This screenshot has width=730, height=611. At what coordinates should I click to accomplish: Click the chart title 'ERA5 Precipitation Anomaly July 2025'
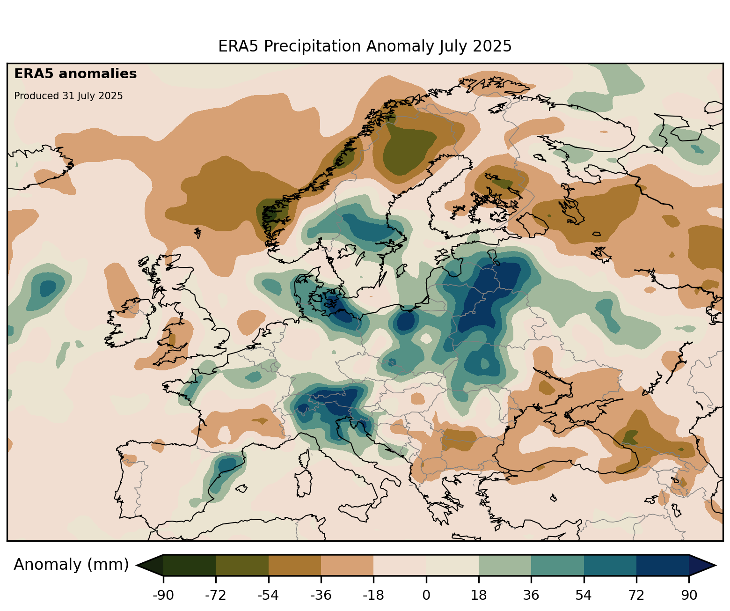365,46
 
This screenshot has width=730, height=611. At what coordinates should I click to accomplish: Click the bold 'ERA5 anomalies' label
75,74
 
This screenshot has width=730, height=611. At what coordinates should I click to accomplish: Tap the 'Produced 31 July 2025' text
68,96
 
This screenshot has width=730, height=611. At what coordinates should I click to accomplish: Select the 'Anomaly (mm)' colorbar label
71,565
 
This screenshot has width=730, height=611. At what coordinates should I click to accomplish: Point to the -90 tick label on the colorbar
163,596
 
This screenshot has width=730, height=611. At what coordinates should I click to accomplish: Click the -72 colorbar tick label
216,596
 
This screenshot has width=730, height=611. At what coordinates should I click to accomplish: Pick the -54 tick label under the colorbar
268,596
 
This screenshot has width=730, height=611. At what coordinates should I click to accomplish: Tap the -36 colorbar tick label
321,596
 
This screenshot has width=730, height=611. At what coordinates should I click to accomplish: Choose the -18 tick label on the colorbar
373,596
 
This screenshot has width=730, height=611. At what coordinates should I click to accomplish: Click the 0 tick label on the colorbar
426,596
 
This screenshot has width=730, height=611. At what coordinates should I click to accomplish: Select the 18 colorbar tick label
479,596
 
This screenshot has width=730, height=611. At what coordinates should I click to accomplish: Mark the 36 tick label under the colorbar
531,596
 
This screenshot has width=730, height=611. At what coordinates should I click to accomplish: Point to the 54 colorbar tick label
584,596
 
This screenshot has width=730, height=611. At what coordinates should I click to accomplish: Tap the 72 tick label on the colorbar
636,596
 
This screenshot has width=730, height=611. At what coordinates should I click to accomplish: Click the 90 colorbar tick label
689,596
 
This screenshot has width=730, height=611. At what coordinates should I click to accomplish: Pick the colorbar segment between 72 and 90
663,565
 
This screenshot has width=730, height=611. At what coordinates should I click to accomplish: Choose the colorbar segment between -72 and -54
242,565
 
